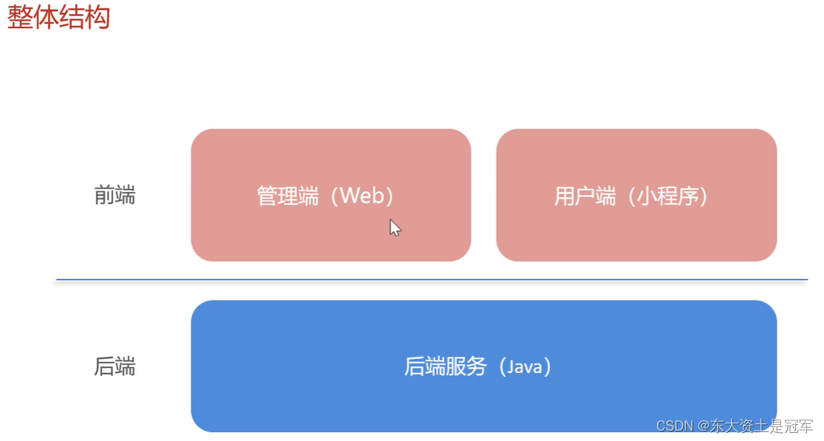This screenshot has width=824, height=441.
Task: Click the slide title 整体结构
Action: [58, 16]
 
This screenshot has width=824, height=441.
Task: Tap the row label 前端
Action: [115, 196]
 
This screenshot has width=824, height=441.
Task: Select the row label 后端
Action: [115, 366]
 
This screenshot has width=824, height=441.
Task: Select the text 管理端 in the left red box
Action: [287, 196]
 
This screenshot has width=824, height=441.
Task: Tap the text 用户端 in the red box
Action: [585, 196]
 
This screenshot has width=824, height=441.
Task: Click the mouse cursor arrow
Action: [395, 227]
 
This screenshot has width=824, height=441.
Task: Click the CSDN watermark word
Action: [672, 426]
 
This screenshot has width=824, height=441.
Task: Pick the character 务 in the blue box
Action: [476, 366]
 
